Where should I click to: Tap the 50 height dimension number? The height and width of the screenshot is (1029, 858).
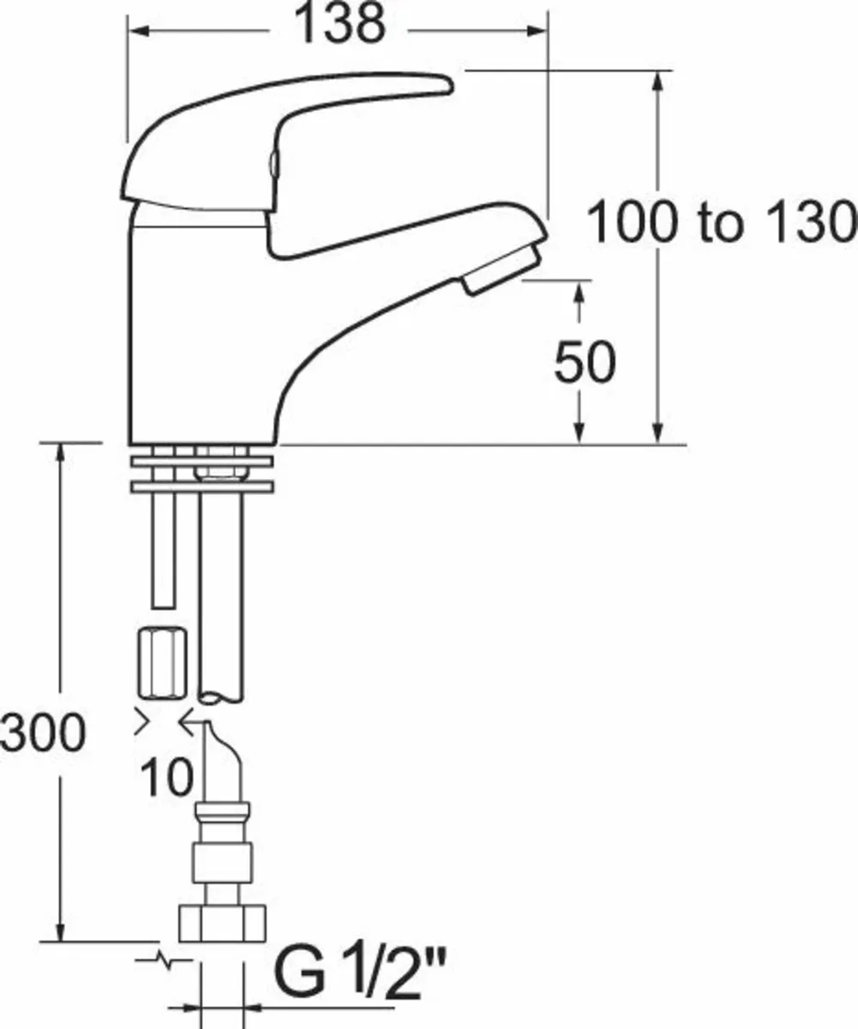pos(584,363)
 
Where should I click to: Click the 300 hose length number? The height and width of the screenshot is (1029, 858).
pos(43,733)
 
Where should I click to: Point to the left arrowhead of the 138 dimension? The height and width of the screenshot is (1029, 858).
pos(137,31)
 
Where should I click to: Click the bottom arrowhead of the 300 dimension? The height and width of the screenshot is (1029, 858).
pos(61,930)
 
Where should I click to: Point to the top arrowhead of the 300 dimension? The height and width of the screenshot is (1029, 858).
pos(61,452)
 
